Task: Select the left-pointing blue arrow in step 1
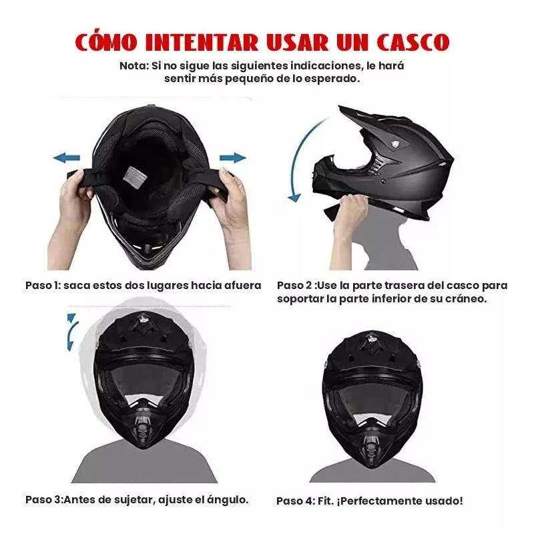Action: coord(67,158)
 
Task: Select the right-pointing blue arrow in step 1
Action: coord(232,158)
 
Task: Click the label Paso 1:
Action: coord(43,285)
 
